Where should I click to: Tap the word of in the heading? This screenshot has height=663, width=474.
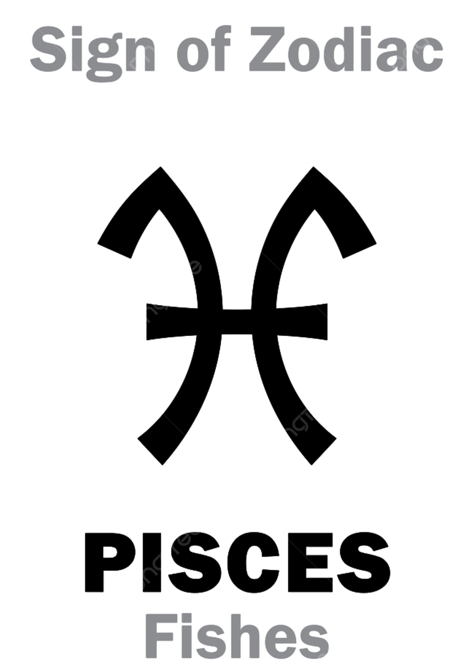click(204, 49)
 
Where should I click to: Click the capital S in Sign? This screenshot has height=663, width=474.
click(49, 49)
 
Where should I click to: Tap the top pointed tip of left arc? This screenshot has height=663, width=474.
click(160, 167)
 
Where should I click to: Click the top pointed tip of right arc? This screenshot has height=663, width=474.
click(314, 167)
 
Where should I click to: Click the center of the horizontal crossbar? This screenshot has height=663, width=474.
click(237, 322)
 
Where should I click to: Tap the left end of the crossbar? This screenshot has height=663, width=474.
click(147, 322)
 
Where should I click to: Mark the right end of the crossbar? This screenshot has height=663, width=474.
click(327, 322)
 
